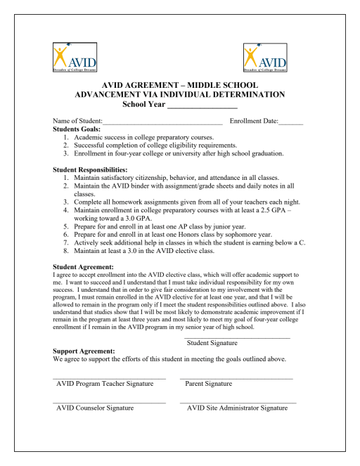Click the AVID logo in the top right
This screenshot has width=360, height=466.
pyautogui.click(x=265, y=58)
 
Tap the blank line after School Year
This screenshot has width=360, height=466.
pyautogui.click(x=202, y=106)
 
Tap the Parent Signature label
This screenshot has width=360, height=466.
pyautogui.click(x=209, y=384)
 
